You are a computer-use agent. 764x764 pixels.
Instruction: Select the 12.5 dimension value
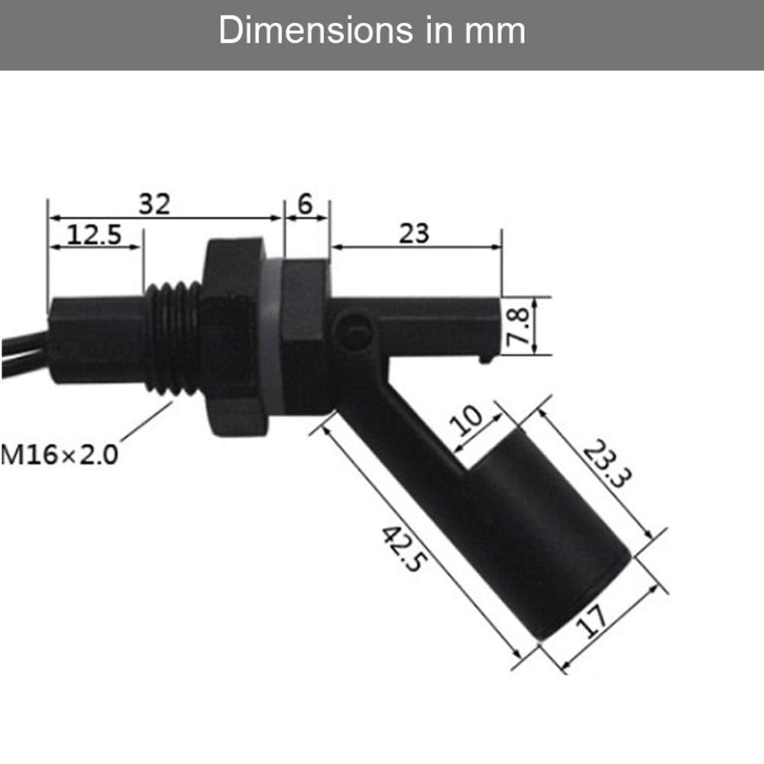(x=94, y=235)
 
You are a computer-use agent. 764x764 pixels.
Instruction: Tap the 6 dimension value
(x=306, y=204)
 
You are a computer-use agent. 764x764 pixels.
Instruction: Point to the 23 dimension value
(x=414, y=233)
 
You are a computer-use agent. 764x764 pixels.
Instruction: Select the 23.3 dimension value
(x=607, y=466)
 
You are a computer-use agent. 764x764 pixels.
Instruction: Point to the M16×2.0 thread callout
(x=60, y=455)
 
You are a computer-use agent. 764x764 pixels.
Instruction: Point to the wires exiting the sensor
(x=19, y=355)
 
